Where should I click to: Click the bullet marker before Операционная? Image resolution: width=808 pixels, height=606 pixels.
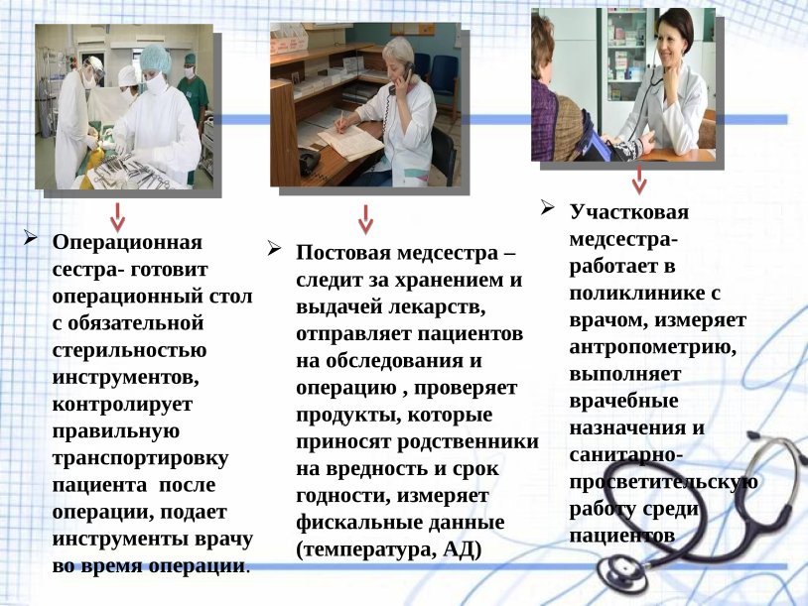pos(31,239)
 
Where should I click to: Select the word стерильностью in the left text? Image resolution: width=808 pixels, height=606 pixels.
pos(130,350)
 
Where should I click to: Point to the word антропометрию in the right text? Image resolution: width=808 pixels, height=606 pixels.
pos(651,348)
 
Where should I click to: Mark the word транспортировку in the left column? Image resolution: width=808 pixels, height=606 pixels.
pos(141,458)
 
